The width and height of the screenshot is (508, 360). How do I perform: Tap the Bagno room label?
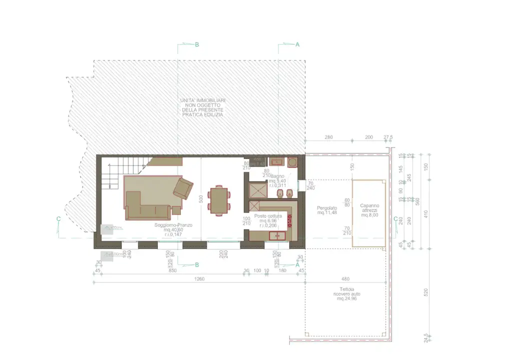point(278,176)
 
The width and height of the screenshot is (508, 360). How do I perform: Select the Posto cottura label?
point(268,216)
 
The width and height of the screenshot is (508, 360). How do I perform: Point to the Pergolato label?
point(327,207)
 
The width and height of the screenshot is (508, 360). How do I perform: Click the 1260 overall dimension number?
point(200,279)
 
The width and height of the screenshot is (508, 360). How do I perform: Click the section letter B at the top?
point(197,44)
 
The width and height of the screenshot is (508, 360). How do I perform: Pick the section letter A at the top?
point(298,44)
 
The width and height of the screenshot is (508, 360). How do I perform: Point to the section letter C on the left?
point(59,218)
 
